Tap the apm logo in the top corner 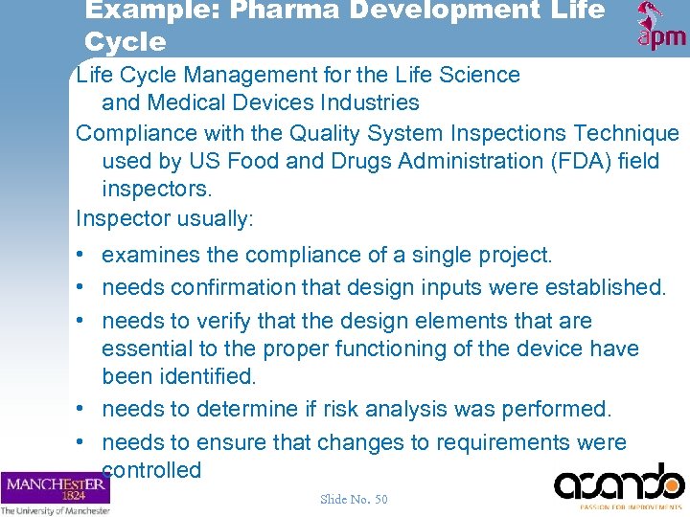pos(661,27)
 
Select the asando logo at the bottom pos(618,486)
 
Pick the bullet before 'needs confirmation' pos(83,288)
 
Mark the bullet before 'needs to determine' pos(83,410)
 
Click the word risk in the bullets pos(342,410)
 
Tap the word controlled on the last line pos(151,470)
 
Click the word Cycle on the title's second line pos(125,42)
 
